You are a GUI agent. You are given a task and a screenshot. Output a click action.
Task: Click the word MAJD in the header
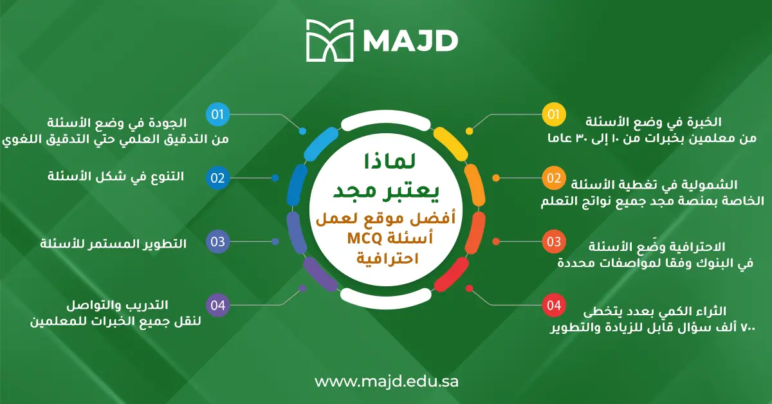click(x=410, y=41)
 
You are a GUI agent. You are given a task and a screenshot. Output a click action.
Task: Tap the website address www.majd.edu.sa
click(x=386, y=381)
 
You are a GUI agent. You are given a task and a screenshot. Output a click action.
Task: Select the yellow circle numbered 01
click(x=553, y=115)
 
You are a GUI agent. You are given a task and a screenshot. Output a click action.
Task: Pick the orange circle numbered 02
click(x=553, y=178)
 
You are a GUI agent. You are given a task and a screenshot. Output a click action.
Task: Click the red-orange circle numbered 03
click(x=553, y=242)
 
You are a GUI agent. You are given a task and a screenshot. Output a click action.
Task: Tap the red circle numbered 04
click(x=553, y=305)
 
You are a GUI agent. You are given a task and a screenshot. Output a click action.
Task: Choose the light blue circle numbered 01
click(x=217, y=115)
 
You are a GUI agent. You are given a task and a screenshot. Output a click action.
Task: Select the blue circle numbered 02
click(x=217, y=178)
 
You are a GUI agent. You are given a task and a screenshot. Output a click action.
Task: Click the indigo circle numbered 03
click(x=217, y=242)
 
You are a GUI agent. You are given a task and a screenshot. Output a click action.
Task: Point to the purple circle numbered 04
click(x=217, y=305)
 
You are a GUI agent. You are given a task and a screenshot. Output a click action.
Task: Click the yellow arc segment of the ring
click(x=448, y=141)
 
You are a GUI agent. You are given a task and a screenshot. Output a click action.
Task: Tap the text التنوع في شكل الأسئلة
click(x=116, y=176)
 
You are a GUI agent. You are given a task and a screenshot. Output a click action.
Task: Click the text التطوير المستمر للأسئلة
click(x=114, y=244)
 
